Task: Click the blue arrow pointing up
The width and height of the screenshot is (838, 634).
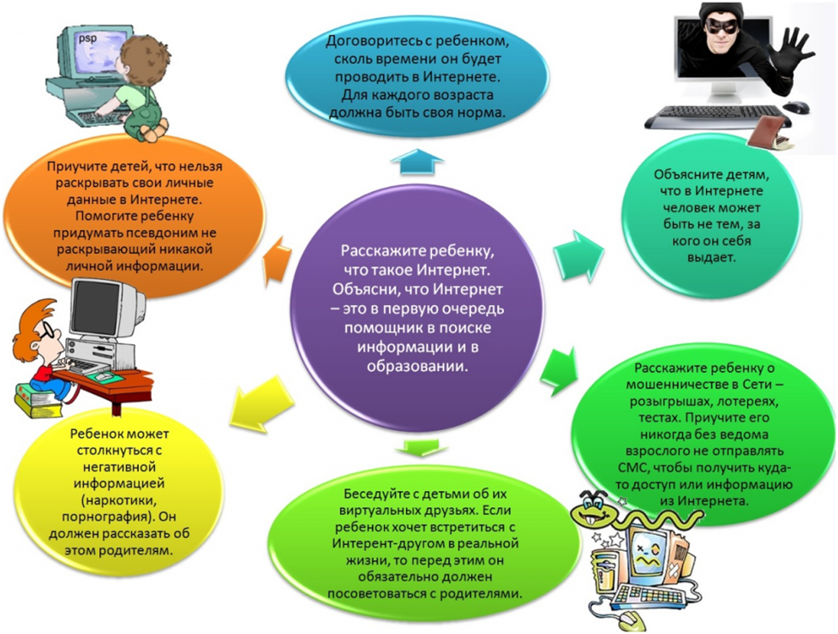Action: point(421,161)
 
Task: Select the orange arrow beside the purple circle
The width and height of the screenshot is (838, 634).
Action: point(278,260)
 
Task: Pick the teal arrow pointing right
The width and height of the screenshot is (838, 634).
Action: point(578,256)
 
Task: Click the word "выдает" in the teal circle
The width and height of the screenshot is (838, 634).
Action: point(711,257)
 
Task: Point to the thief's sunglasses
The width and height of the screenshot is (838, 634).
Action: point(722,27)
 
